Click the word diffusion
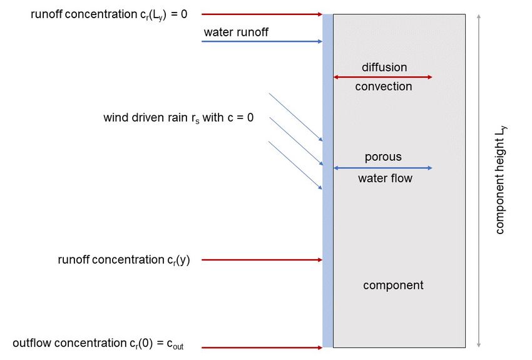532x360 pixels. (x=384, y=67)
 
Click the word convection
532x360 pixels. (x=384, y=86)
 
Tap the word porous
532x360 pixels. (x=383, y=157)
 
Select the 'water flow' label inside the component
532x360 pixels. (x=385, y=178)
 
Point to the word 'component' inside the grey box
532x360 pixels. (x=393, y=285)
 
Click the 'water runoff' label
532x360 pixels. (x=236, y=32)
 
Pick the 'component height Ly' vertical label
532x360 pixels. (x=500, y=180)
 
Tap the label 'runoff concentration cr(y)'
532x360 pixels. (x=124, y=260)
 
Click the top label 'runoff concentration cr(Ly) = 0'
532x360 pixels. (x=109, y=14)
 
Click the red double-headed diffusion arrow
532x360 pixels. (x=382, y=77)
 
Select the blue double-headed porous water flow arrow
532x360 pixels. (x=382, y=168)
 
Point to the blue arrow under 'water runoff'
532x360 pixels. (x=262, y=41)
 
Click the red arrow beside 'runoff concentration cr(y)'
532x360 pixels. (x=262, y=260)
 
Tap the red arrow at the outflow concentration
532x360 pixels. (x=262, y=347)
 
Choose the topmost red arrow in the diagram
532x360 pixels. (x=262, y=14)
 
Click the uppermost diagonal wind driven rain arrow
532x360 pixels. (x=295, y=117)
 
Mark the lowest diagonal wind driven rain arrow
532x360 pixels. (x=295, y=165)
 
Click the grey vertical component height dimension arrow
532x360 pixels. (x=478, y=181)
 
